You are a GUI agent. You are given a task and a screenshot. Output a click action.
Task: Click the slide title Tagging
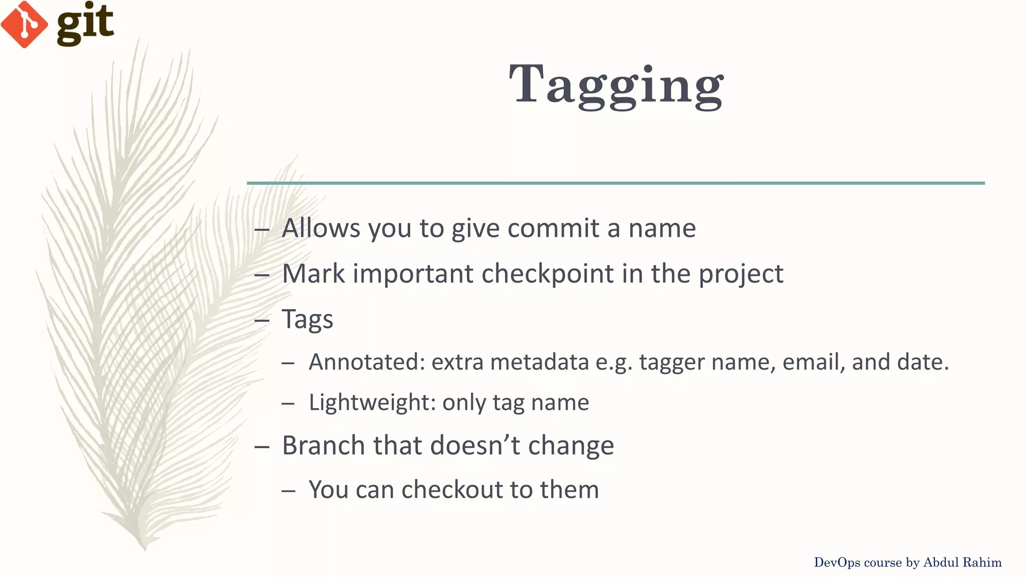click(x=616, y=85)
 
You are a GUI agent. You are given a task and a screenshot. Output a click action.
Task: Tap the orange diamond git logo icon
click(x=24, y=24)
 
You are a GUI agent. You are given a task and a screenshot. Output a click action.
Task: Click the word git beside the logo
click(x=85, y=23)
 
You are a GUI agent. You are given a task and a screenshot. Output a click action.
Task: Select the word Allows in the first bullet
click(x=321, y=228)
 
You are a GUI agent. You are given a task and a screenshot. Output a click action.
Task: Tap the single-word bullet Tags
click(x=307, y=319)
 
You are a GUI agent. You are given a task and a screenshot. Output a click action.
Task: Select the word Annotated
click(x=366, y=362)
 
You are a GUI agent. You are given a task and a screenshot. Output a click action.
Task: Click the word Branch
click(x=323, y=445)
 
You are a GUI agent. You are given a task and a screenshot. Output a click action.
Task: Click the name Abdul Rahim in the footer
click(x=962, y=562)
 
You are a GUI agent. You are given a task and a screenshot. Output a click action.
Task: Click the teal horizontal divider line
click(x=616, y=183)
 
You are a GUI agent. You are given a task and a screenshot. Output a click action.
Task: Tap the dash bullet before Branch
click(x=262, y=446)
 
